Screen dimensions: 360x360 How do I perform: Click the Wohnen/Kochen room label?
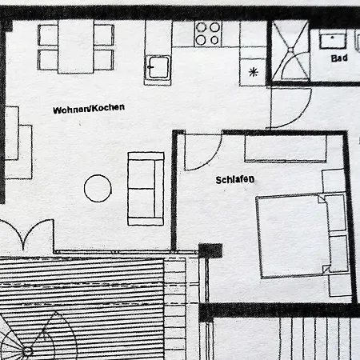pos(89,108)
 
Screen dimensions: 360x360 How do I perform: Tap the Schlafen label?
pos(235,180)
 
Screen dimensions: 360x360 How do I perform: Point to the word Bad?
pos(339,58)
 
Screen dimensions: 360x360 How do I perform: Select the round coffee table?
pos(98,188)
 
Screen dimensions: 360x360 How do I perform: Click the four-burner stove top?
pos(208,34)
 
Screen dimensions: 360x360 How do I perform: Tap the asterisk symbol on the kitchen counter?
pos(254,72)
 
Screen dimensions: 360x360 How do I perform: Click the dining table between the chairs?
pos(76,46)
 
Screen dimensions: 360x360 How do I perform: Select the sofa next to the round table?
pos(146,189)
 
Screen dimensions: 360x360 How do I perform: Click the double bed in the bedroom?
pos(294,236)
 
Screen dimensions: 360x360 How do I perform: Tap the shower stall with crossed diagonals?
pos(290,50)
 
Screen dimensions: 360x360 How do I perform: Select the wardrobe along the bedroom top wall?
pos(286,148)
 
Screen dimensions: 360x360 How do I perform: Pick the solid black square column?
pos(210,250)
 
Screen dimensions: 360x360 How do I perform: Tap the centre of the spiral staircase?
pos(27,351)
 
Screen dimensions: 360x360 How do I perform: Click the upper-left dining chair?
pos(48,35)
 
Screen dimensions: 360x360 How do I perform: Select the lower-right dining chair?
pos(104,60)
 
